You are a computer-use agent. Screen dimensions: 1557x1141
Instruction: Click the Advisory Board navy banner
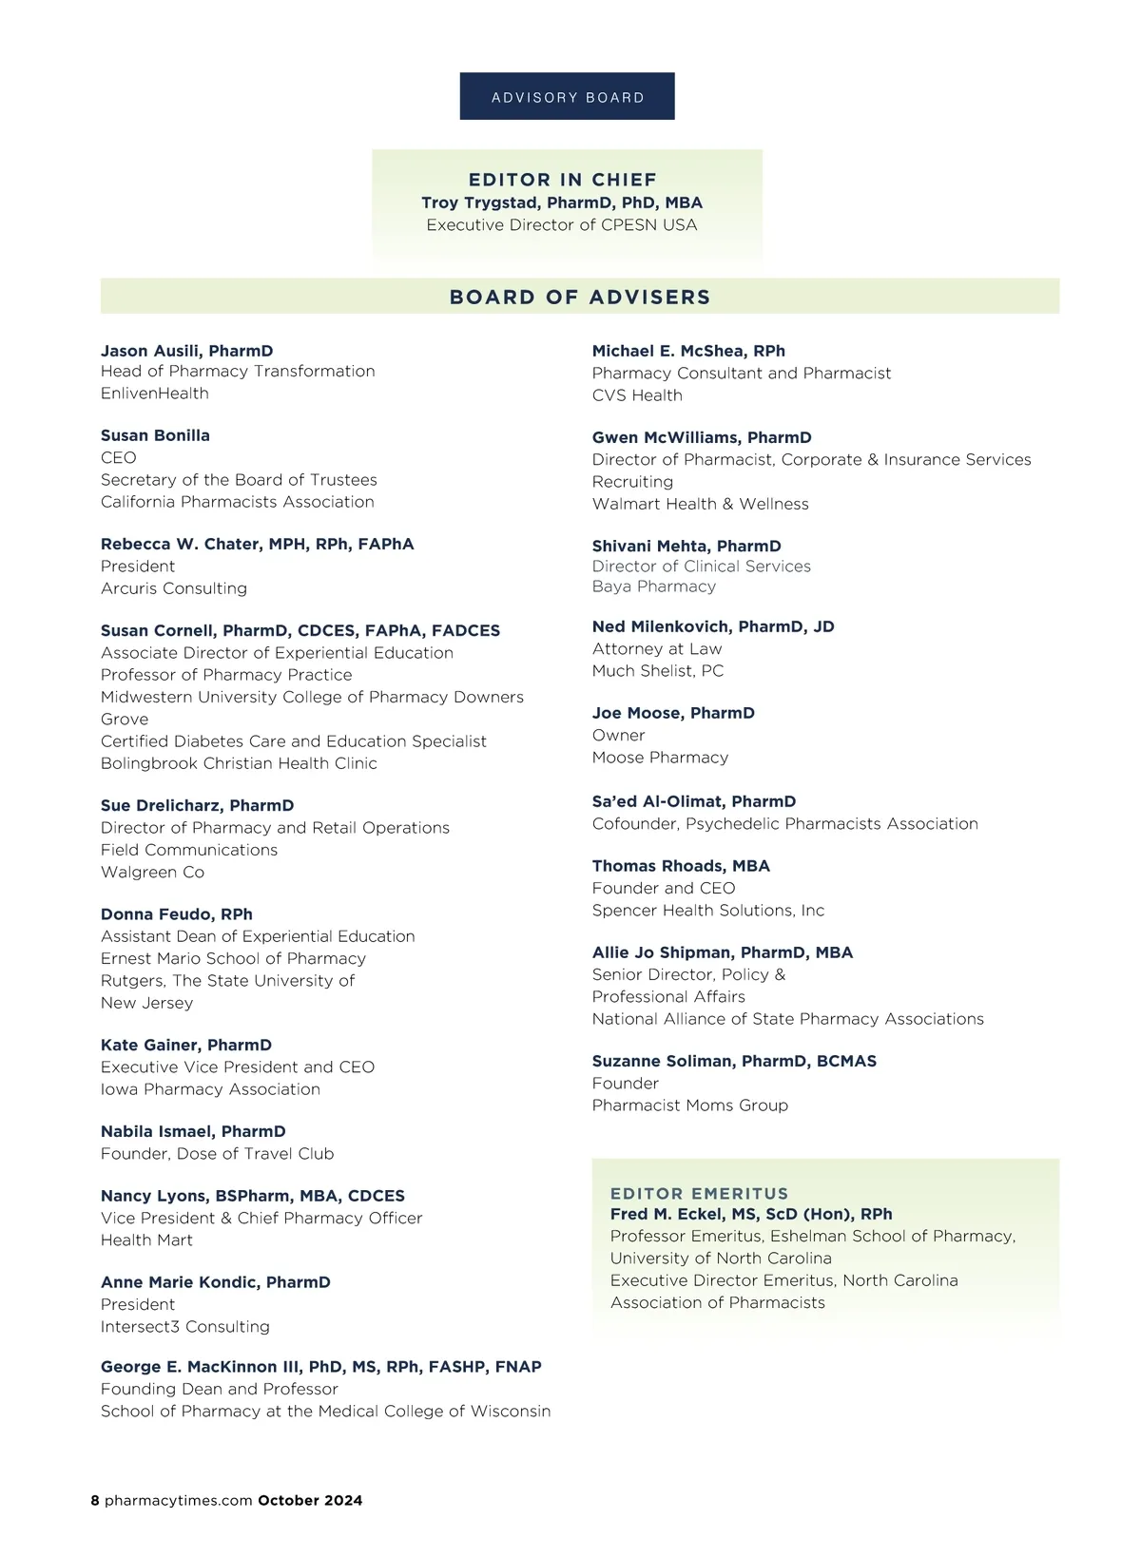point(567,97)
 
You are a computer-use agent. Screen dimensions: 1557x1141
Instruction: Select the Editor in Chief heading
point(563,180)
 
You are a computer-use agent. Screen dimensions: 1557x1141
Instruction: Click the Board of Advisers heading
point(580,297)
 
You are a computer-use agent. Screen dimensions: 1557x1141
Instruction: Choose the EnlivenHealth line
point(155,394)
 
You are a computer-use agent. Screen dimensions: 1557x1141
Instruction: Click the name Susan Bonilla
point(155,435)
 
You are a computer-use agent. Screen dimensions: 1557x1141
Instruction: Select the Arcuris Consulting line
point(174,588)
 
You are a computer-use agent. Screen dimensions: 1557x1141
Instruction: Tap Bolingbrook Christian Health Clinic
point(239,763)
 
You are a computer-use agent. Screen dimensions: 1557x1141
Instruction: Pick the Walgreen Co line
point(152,872)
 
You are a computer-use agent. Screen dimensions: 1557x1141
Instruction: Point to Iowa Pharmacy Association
point(210,1089)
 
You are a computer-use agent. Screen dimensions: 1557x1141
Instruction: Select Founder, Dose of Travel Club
point(217,1154)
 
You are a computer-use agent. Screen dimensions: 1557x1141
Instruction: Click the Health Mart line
point(146,1240)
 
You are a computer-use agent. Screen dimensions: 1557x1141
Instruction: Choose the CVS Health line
point(637,395)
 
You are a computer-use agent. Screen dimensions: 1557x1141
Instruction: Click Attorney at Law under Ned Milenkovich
point(657,649)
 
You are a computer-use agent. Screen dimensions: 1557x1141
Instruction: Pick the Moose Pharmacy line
point(660,758)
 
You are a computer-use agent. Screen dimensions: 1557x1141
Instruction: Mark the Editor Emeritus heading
point(699,1193)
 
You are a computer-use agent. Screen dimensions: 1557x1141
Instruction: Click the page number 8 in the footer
point(95,1501)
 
